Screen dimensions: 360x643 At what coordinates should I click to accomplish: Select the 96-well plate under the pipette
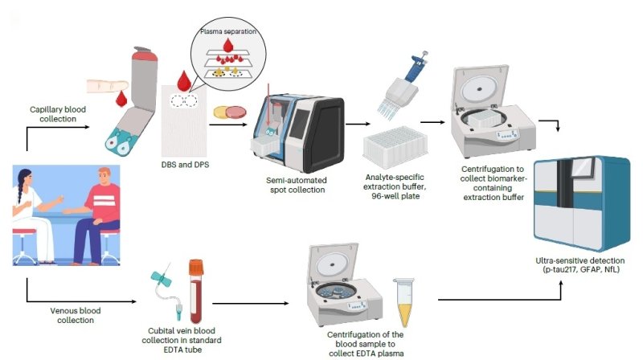(x=399, y=146)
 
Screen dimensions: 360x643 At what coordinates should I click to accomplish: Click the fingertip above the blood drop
(x=100, y=84)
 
